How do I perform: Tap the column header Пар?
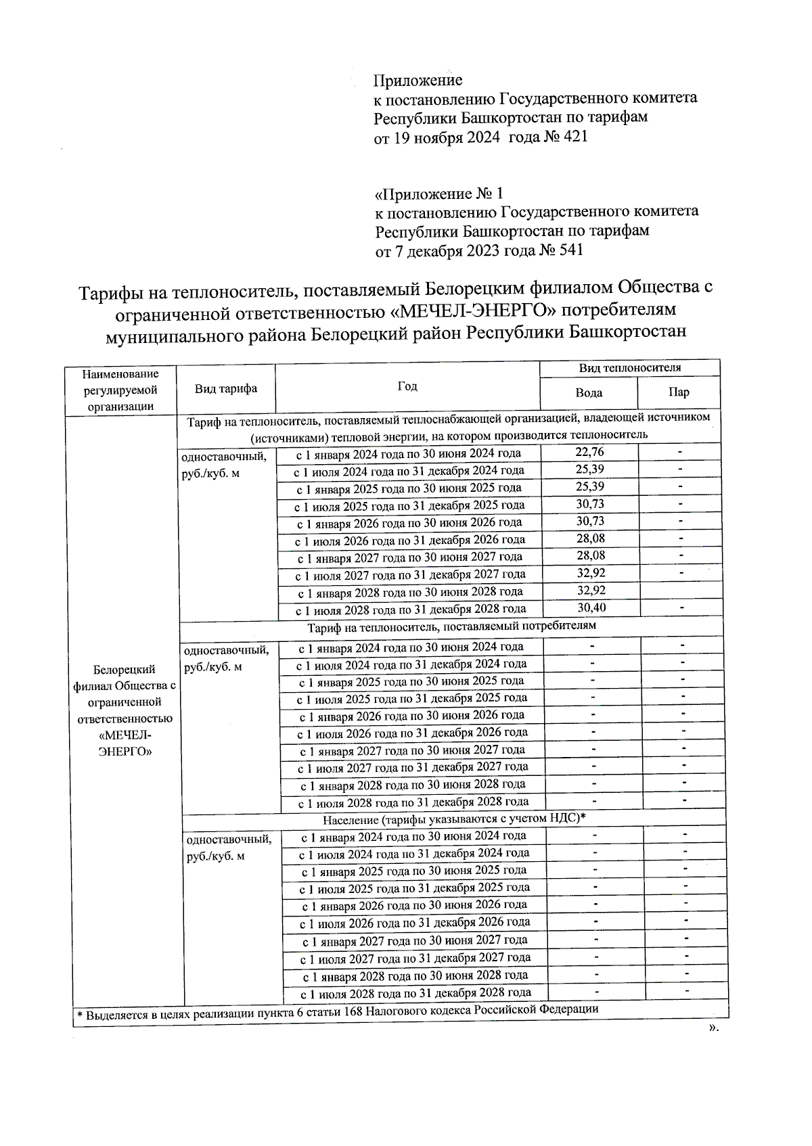coord(679,392)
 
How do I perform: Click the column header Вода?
coord(589,392)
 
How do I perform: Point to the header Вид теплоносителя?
coord(630,368)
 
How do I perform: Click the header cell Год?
coord(407,386)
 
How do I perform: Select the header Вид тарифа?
coord(226,388)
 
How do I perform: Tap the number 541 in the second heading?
coord(569,250)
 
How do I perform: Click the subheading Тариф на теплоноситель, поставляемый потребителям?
coord(451,626)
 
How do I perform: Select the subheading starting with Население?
coord(454,819)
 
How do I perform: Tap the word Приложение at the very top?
coord(418,81)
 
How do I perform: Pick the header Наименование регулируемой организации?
coord(120,390)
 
